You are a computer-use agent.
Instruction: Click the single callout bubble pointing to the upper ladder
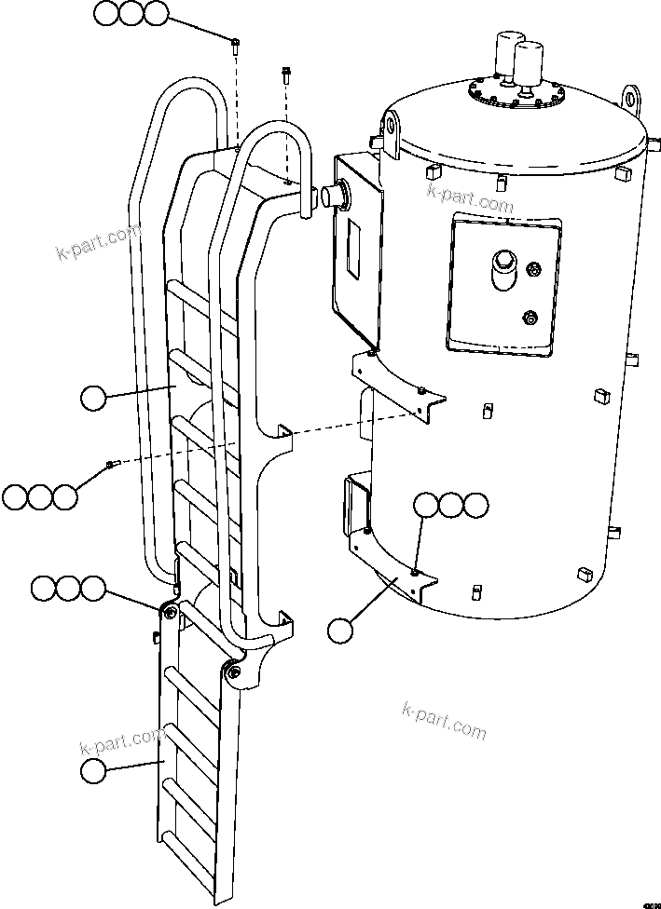pyautogui.click(x=93, y=399)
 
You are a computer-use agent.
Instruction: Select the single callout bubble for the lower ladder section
pyautogui.click(x=93, y=771)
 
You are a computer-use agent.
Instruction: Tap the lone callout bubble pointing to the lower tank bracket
pyautogui.click(x=341, y=630)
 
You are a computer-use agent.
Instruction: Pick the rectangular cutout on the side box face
pyautogui.click(x=355, y=247)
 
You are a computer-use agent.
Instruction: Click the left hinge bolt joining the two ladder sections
pyautogui.click(x=168, y=611)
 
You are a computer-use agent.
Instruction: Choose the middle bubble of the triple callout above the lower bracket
pyautogui.click(x=451, y=506)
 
